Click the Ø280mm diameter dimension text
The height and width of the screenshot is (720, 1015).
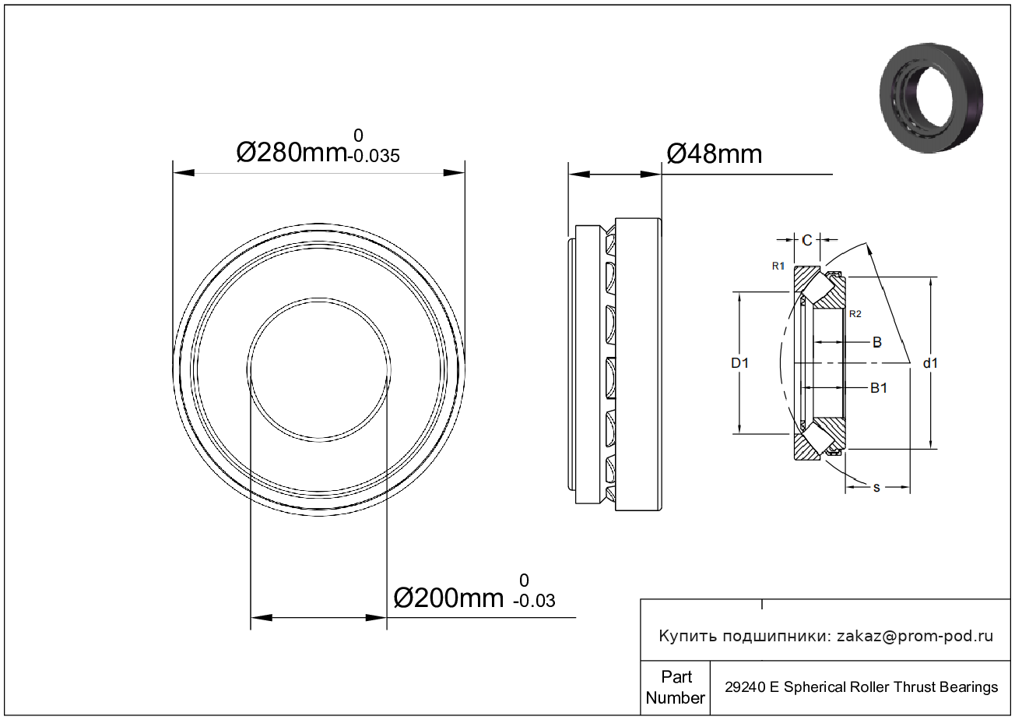[x=291, y=153]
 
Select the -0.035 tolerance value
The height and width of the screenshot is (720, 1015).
[x=374, y=156]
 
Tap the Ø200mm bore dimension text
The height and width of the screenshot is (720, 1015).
[x=448, y=598]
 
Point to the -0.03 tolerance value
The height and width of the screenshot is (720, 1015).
[x=534, y=601]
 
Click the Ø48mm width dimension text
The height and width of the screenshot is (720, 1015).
[x=714, y=154]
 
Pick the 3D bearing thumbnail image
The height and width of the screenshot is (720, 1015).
[x=931, y=98]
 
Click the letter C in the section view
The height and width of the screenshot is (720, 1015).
[x=807, y=240]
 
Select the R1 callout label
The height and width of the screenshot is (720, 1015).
[x=778, y=266]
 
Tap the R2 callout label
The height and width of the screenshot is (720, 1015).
[x=855, y=314]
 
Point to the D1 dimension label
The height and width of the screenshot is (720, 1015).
[x=739, y=363]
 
